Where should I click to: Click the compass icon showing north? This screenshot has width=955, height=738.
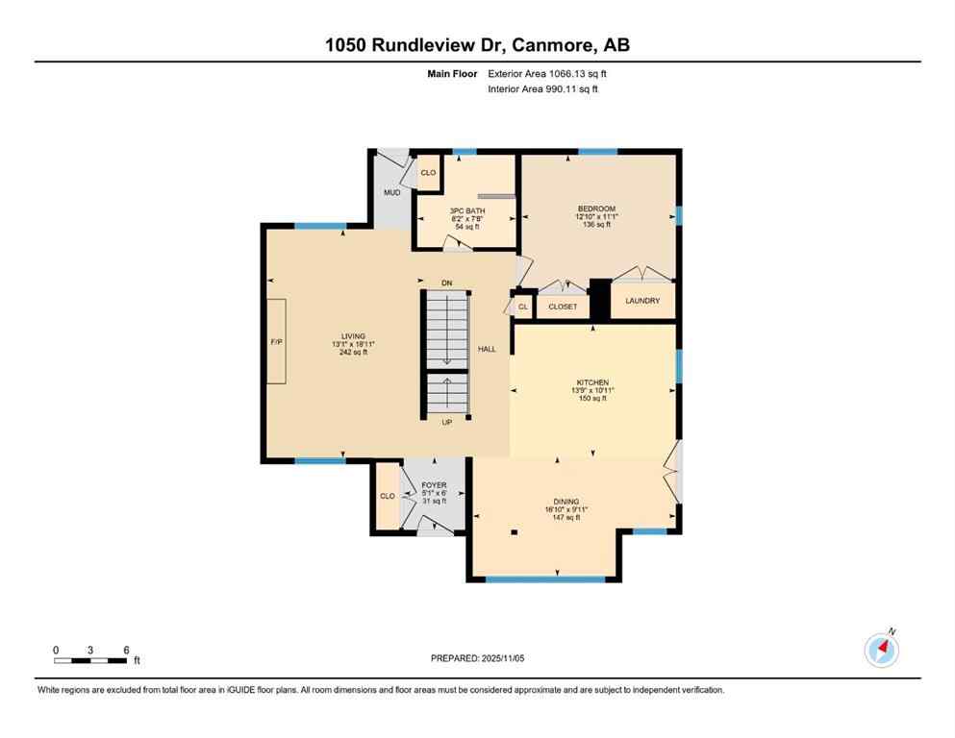pyautogui.click(x=881, y=651)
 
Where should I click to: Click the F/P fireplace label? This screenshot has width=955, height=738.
pyautogui.click(x=275, y=342)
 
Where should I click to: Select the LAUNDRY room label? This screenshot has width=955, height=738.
pyautogui.click(x=642, y=301)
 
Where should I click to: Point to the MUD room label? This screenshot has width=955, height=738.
pyautogui.click(x=392, y=192)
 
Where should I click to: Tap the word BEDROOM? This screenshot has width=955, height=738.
pyautogui.click(x=596, y=209)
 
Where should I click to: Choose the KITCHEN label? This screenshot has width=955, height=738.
pyautogui.click(x=592, y=382)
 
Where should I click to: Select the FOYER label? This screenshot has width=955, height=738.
pyautogui.click(x=435, y=485)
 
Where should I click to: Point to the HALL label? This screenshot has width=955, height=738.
pyautogui.click(x=488, y=349)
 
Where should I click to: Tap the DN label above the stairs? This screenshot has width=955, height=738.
pyautogui.click(x=446, y=283)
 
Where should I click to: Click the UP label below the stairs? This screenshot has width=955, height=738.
pyautogui.click(x=446, y=423)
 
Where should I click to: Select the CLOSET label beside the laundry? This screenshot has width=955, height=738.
pyautogui.click(x=563, y=307)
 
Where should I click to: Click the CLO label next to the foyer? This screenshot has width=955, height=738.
pyautogui.click(x=388, y=496)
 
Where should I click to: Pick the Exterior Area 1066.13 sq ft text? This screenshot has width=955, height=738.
pyautogui.click(x=548, y=73)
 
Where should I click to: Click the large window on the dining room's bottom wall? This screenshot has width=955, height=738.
pyautogui.click(x=545, y=579)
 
